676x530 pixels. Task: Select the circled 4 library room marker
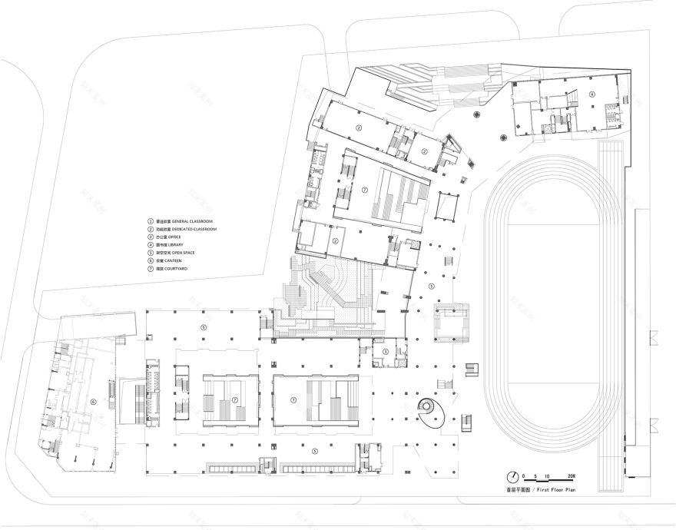(x=591, y=94)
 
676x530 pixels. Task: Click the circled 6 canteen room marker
(x=94, y=400)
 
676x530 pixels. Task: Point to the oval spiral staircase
(x=432, y=412)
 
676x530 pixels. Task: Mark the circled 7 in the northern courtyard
(x=365, y=188)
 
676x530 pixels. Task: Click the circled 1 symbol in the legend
(x=151, y=220)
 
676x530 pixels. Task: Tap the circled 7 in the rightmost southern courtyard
(x=293, y=399)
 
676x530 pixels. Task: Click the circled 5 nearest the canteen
(x=203, y=326)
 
